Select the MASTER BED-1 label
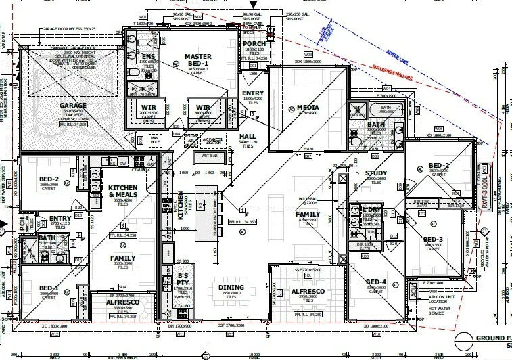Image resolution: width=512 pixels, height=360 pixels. [197, 60]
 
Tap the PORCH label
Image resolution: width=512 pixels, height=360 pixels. [254, 44]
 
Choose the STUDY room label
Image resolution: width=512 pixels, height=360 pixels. [375, 173]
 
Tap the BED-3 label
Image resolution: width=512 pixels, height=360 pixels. [433, 240]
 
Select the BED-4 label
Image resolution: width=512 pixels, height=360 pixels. [375, 282]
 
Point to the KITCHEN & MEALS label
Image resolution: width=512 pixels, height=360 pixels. [123, 192]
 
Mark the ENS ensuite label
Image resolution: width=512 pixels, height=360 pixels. [148, 57]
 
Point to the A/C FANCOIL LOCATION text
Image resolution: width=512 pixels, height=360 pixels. [212, 141]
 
